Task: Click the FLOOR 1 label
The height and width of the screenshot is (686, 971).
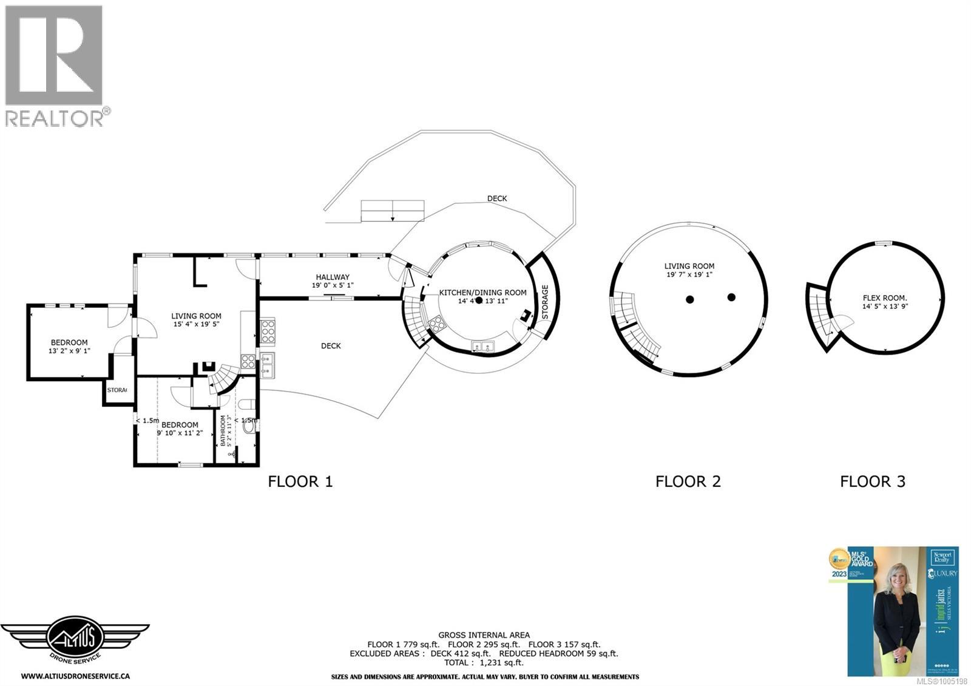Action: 300,481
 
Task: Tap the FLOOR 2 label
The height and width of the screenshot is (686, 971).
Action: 688,481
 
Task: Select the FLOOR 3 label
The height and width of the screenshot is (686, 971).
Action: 872,481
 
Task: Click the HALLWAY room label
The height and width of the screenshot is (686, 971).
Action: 332,277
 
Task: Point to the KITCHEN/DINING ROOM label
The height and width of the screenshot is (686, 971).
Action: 482,292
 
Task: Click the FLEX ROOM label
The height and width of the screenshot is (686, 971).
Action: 885,297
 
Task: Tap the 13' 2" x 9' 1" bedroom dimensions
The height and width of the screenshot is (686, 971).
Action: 69,351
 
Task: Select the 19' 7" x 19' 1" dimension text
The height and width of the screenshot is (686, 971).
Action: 689,274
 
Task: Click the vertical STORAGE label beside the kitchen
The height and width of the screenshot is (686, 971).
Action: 545,302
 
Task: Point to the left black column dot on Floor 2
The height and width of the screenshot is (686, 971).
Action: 690,299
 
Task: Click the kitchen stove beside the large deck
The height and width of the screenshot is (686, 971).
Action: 268,331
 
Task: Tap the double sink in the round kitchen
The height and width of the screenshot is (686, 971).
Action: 484,347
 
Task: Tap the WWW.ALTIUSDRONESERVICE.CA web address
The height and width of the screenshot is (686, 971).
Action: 75,675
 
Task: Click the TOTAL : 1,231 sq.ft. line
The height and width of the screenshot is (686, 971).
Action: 484,663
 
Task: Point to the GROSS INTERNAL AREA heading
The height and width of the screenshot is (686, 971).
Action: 484,635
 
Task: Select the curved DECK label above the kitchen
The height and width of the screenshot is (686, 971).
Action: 496,199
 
